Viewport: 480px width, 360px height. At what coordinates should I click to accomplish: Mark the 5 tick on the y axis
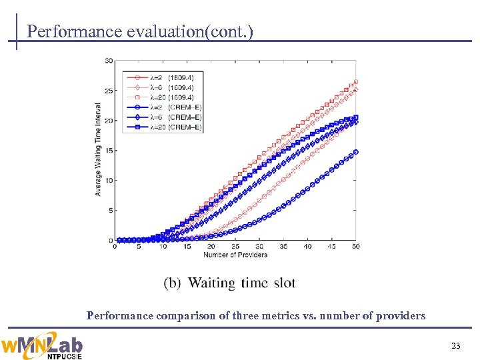click(109, 211)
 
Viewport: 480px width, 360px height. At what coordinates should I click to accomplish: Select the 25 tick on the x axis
click(235, 247)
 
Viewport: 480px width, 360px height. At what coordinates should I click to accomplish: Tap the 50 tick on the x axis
click(355, 247)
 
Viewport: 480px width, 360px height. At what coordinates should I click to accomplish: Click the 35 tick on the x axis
click(283, 247)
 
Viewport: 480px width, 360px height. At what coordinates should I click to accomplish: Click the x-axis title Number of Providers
click(235, 255)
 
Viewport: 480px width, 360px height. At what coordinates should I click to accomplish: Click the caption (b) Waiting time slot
click(229, 283)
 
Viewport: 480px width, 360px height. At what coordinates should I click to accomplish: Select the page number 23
click(456, 345)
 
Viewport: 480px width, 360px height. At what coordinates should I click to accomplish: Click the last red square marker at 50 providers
click(355, 82)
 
